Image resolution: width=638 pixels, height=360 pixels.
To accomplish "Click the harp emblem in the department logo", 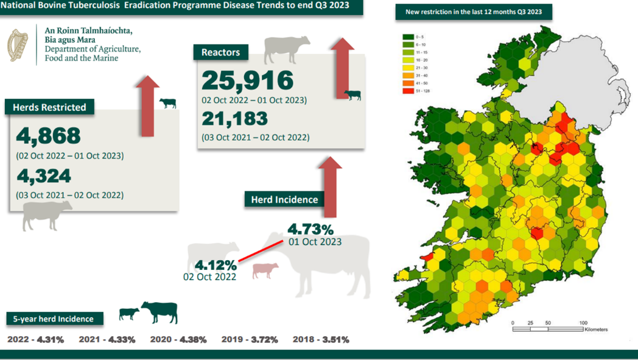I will [18, 45].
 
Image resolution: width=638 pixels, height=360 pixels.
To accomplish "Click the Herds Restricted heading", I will [50, 107].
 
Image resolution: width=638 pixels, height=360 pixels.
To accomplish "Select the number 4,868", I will [49, 135].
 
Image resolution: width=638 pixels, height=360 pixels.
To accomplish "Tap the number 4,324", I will [44, 176].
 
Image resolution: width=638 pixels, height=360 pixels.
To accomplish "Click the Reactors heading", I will [220, 52].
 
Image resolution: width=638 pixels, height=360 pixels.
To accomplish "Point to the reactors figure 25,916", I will [248, 80].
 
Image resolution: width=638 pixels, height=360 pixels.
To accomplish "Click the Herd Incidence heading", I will [284, 199].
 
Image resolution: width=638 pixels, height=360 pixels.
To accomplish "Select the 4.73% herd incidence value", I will [310, 230].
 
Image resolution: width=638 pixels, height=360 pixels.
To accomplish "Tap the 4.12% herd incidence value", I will [216, 266].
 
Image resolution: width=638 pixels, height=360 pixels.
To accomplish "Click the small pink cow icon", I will [265, 270].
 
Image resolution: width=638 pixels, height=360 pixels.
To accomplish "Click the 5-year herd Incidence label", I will [54, 319].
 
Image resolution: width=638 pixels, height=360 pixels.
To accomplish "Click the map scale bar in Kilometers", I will [548, 329].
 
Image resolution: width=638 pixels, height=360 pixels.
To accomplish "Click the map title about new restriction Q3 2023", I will [474, 12].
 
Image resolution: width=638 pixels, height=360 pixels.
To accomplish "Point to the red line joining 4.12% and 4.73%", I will [260, 251].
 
